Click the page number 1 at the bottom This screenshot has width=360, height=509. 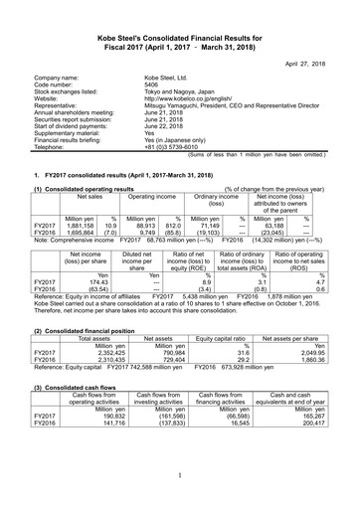click(180, 487)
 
